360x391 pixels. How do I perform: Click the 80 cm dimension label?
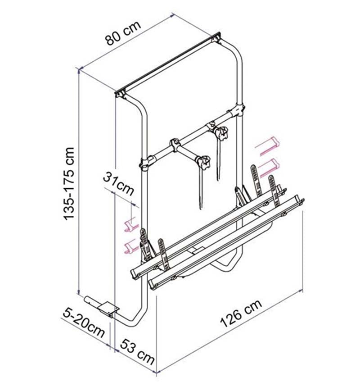[x=123, y=33]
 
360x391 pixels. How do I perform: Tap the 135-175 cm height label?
[x=69, y=184]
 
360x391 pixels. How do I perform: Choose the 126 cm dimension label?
[x=241, y=313]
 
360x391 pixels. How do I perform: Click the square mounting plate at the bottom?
[x=108, y=309]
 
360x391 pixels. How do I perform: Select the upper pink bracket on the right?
[x=267, y=146]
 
